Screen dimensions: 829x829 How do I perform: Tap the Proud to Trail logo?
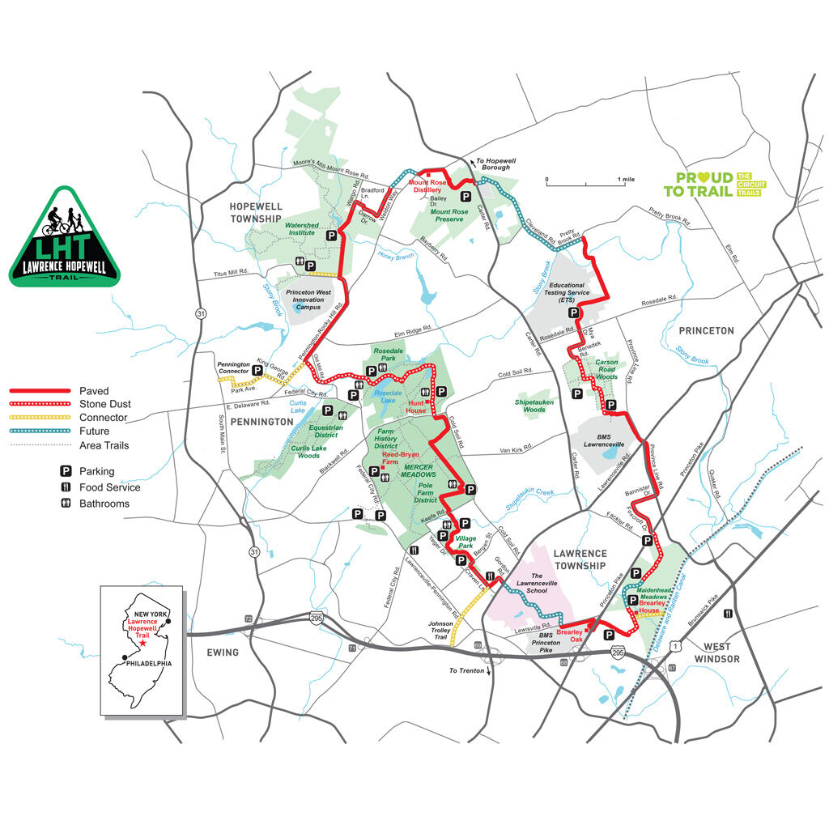(712, 185)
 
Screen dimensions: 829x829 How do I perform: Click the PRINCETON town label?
(706, 330)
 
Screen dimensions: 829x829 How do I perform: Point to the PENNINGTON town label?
(263, 422)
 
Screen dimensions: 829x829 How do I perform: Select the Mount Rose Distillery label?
(427, 186)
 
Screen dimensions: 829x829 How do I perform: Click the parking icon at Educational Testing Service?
(573, 312)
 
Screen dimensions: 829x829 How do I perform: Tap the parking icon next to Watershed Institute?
(330, 235)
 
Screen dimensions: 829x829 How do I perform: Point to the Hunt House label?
(416, 406)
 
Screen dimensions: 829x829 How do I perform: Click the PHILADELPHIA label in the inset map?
(145, 662)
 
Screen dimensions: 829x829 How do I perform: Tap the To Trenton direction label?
(467, 670)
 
